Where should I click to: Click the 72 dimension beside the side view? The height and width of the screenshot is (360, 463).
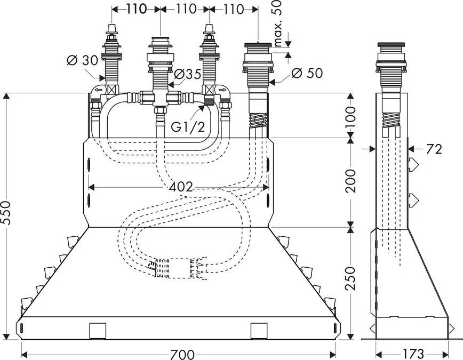(434, 149)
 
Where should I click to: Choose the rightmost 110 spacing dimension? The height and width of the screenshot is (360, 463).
(233, 9)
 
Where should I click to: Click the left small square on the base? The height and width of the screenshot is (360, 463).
(98, 331)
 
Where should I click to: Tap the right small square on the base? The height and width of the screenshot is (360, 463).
(259, 331)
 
